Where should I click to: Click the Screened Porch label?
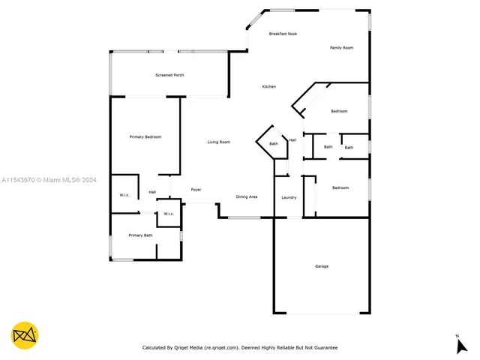click(x=169, y=76)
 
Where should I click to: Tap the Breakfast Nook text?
click(x=283, y=34)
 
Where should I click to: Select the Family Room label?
click(x=341, y=48)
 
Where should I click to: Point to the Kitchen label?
click(x=268, y=87)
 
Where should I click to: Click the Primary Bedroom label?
click(x=145, y=137)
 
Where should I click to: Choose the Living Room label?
click(x=218, y=142)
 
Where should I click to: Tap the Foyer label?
click(x=196, y=190)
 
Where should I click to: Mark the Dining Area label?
click(x=247, y=197)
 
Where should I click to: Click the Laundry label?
click(x=289, y=198)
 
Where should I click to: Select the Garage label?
click(x=321, y=266)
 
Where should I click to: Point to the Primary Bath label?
click(x=140, y=235)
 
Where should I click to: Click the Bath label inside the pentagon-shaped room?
click(x=274, y=144)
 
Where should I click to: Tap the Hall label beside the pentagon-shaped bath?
click(x=292, y=139)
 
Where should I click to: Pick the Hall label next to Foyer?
click(x=152, y=192)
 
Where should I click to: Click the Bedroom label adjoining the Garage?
click(x=340, y=188)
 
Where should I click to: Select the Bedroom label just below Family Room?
click(x=339, y=112)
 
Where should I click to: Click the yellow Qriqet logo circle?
click(x=25, y=335)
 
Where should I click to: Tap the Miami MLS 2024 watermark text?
click(x=49, y=180)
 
